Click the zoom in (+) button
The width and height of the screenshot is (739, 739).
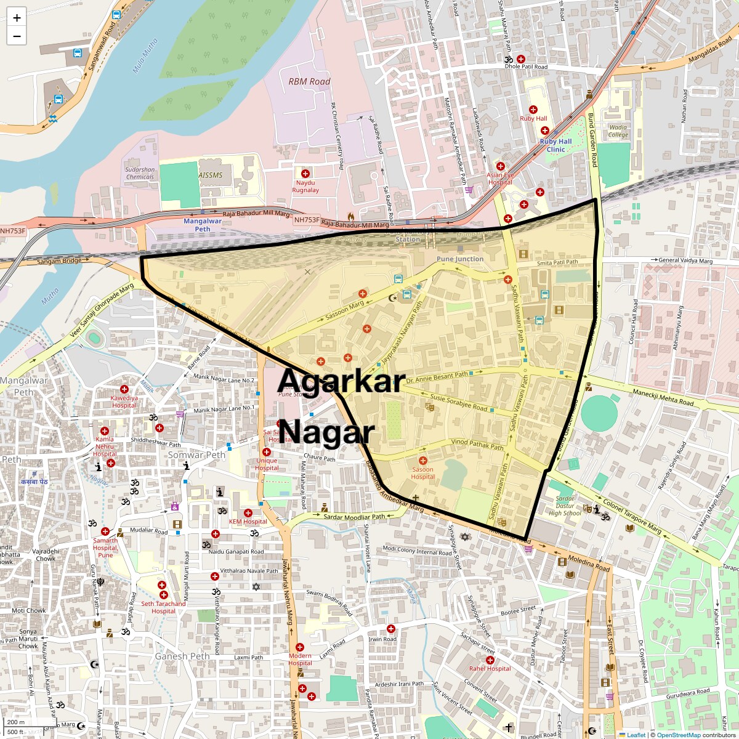click(17, 18)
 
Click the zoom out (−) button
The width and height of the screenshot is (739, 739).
click(17, 36)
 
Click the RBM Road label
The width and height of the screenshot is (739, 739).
click(309, 81)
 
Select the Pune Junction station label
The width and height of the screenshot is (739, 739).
click(460, 259)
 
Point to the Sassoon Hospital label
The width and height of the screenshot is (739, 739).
click(422, 473)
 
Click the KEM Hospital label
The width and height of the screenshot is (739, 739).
click(248, 522)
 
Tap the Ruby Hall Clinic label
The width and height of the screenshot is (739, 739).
click(555, 145)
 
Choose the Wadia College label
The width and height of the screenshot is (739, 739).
click(618, 131)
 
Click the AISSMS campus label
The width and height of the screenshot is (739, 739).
click(211, 175)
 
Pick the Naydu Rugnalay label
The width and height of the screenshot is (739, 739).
click(305, 187)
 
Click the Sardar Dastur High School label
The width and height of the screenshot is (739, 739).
click(565, 506)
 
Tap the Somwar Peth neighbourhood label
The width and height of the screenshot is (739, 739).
click(197, 455)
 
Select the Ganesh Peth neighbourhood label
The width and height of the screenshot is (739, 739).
click(182, 656)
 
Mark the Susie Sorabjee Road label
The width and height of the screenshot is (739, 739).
click(459, 404)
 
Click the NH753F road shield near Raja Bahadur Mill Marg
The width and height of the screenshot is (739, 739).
click(307, 220)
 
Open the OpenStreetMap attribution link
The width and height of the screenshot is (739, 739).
click(678, 735)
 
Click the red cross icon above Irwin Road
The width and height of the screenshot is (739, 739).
click(390, 629)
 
